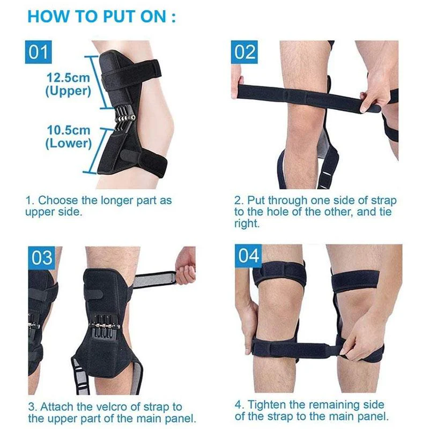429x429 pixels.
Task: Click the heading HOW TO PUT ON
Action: click(101, 15)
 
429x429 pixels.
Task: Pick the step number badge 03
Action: click(42, 257)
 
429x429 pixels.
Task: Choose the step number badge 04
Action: click(248, 256)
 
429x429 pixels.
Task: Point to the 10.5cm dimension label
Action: click(68, 130)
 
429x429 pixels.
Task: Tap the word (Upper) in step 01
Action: click(68, 91)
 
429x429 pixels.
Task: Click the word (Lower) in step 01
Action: click(68, 143)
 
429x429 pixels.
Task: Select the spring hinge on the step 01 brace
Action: click(124, 115)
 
